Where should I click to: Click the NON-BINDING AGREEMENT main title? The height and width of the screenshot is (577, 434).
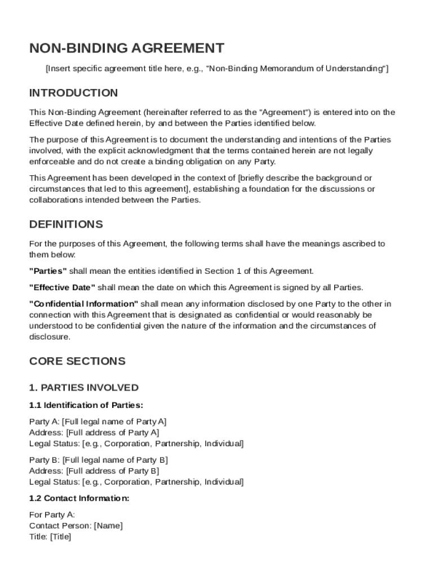(127, 48)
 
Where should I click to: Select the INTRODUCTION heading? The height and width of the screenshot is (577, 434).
(73, 93)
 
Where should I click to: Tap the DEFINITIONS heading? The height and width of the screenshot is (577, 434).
(66, 224)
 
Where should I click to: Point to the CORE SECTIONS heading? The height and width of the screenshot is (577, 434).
(77, 361)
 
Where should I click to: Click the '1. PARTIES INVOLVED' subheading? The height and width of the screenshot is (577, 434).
(83, 388)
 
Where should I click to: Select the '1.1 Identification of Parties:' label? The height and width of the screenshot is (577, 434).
(86, 405)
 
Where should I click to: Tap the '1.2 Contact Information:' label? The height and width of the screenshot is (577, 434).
(79, 499)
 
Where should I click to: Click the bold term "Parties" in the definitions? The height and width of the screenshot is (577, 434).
(48, 271)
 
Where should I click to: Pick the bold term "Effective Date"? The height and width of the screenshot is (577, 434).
(62, 287)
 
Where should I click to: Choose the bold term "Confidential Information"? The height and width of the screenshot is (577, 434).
(83, 304)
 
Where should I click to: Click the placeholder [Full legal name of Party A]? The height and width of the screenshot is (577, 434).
(114, 421)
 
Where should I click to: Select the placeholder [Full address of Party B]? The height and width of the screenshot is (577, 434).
(113, 471)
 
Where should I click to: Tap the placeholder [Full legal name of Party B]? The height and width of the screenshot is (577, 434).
(115, 460)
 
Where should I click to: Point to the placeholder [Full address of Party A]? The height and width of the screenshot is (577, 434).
(113, 433)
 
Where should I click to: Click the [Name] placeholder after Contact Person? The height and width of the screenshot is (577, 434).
(108, 526)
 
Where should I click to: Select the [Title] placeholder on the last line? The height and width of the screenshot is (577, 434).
(60, 537)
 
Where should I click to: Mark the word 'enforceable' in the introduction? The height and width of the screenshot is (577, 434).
(51, 162)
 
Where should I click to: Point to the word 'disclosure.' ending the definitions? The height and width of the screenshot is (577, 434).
(50, 337)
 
